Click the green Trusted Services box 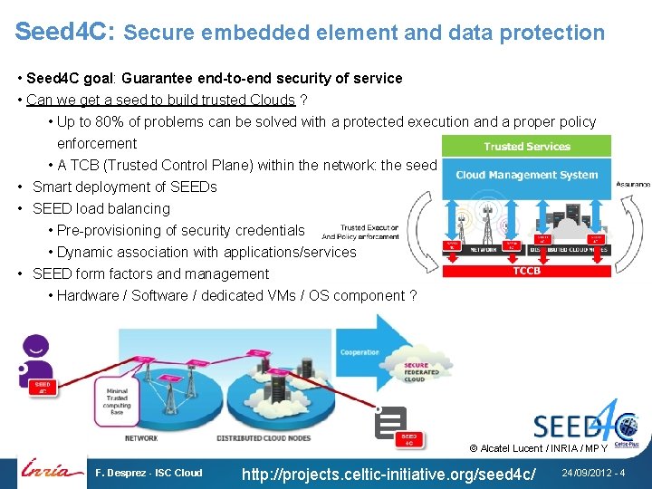(x=526, y=146)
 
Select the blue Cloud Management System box (x=526, y=175)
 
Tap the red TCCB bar (x=526, y=270)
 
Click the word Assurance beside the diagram (x=633, y=184)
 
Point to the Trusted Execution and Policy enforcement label (x=369, y=232)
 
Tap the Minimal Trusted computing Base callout (x=118, y=395)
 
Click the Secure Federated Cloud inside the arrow (x=421, y=371)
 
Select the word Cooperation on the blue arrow (x=360, y=352)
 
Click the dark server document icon (x=390, y=421)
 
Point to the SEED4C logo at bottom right (x=575, y=422)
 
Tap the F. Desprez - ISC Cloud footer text (x=149, y=473)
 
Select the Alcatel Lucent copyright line (x=538, y=448)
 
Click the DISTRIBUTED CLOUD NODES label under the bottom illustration (x=264, y=438)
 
